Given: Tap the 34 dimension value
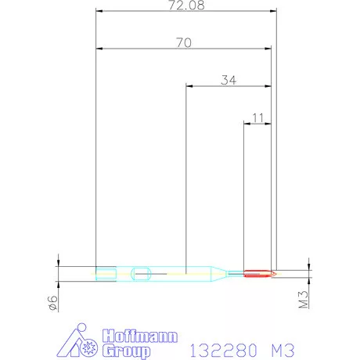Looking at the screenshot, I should point(229,79).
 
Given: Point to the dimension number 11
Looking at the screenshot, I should point(257,117).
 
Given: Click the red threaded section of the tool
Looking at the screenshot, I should point(258,273).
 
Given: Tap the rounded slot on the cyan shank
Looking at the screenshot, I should point(142,273).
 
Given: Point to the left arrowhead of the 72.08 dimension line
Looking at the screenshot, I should point(99,12).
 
